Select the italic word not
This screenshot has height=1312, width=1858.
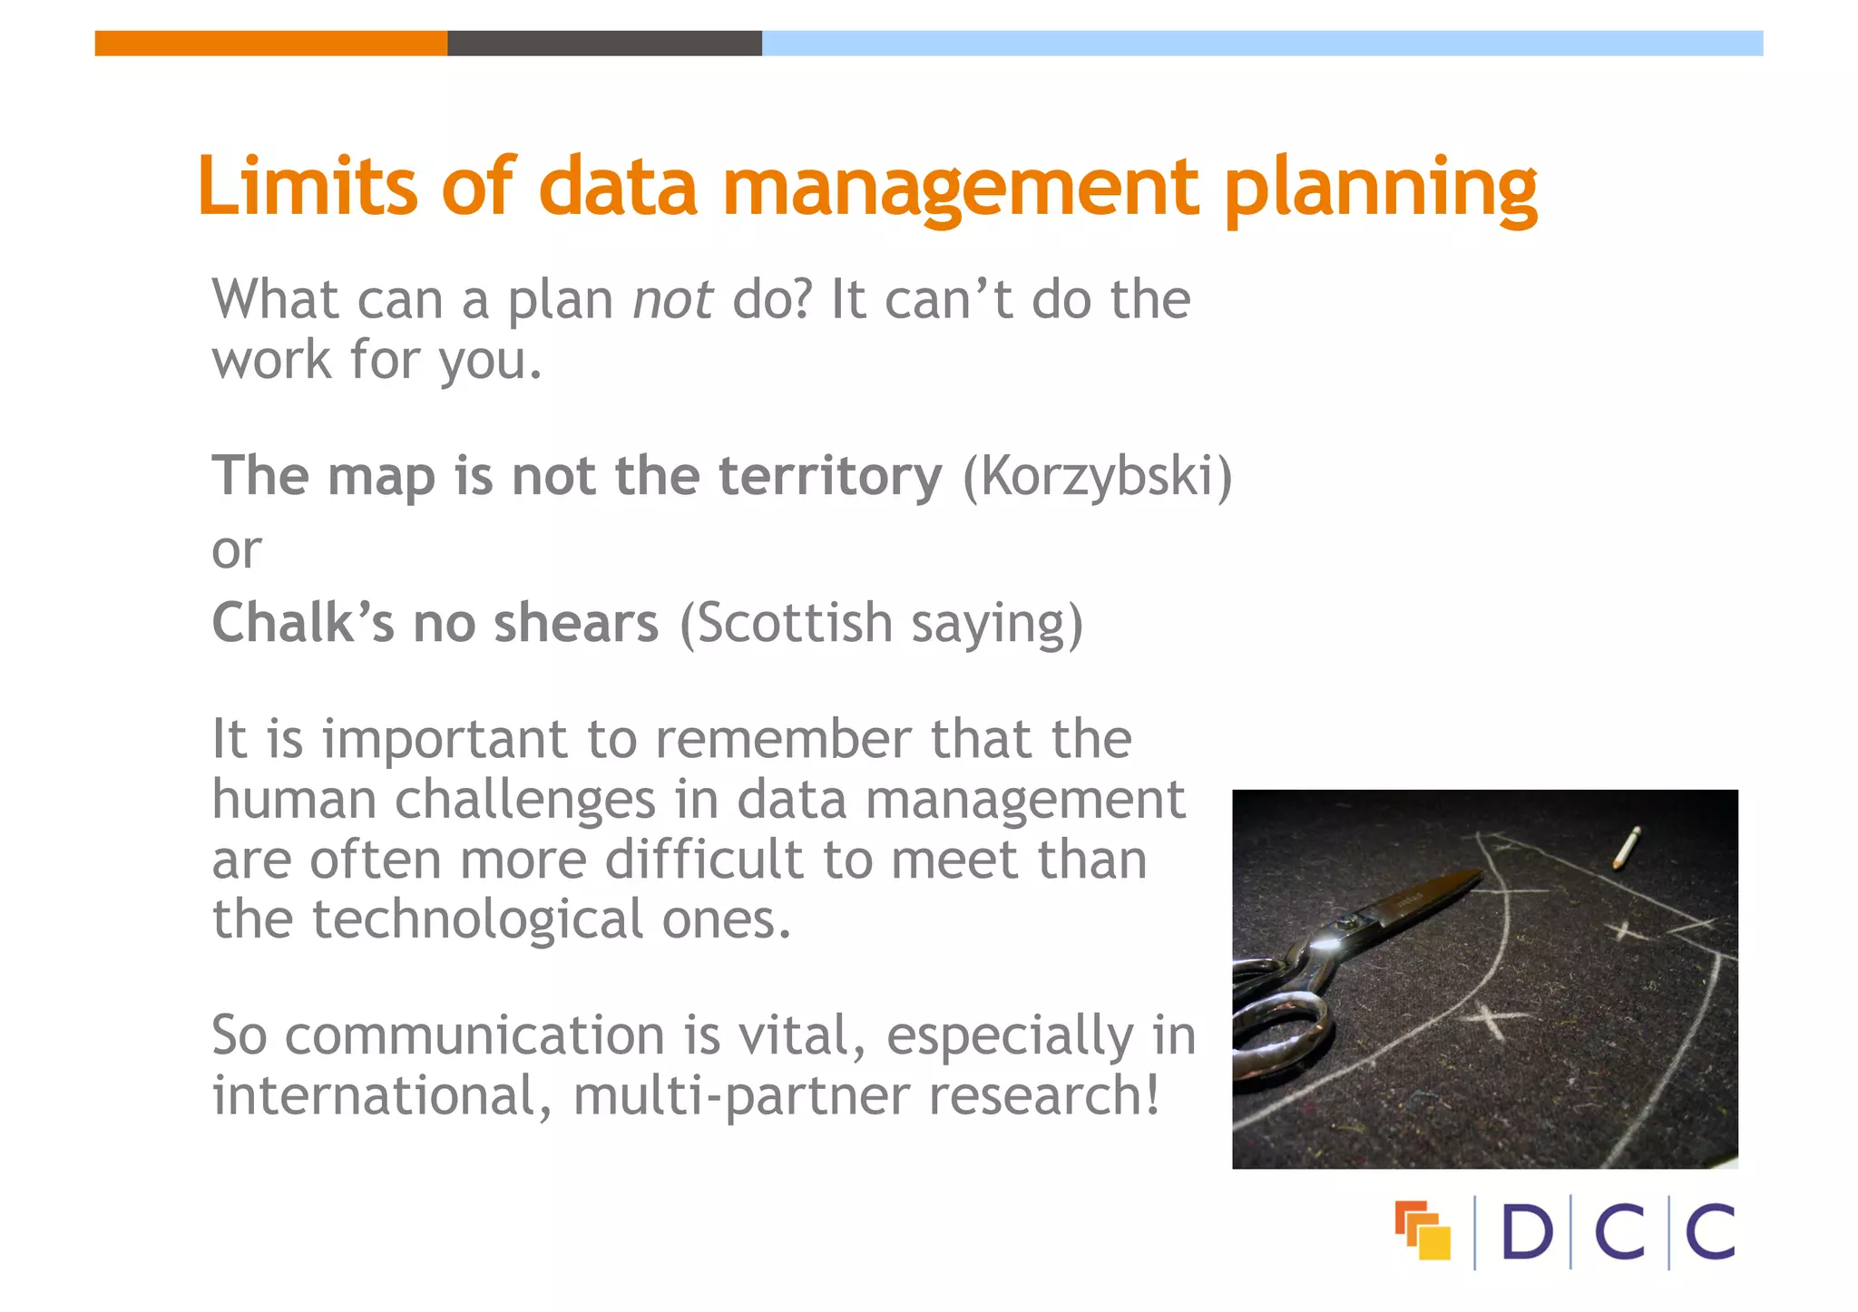[x=672, y=300]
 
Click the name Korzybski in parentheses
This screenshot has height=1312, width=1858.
[x=1097, y=476]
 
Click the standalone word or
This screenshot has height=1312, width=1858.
[x=236, y=550]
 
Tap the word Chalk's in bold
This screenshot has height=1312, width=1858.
[x=303, y=624]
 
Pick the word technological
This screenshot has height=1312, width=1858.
[x=477, y=919]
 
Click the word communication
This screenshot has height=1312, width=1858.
[x=475, y=1035]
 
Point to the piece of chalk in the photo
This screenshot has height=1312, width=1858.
[x=1626, y=847]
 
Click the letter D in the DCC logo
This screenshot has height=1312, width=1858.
[x=1527, y=1232]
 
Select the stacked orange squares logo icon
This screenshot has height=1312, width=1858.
[x=1423, y=1230]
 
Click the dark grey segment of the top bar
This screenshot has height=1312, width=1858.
[x=604, y=43]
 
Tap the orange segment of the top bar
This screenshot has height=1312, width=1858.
[x=270, y=43]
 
